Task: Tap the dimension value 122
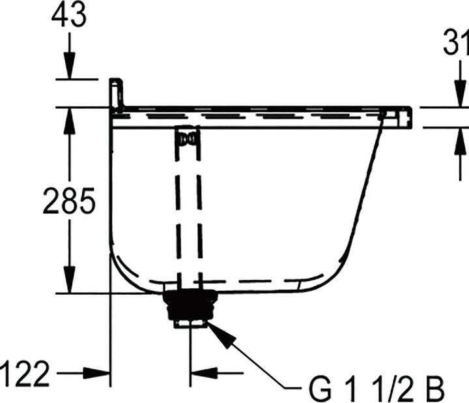(x=24, y=374)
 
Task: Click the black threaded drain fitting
(x=190, y=306)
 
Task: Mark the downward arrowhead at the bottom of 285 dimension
(x=69, y=280)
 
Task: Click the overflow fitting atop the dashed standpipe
(x=187, y=138)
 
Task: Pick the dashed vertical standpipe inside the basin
(x=187, y=209)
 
